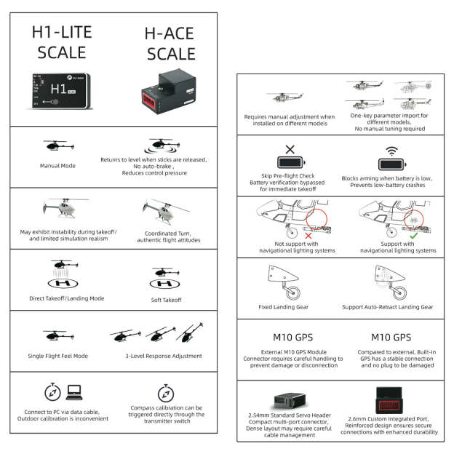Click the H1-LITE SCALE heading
click(59, 42)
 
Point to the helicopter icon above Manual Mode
click(55, 145)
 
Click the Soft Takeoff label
click(167, 299)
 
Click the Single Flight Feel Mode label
click(59, 357)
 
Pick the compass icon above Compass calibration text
click(166, 392)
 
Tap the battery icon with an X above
click(290, 163)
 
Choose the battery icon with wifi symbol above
click(393, 163)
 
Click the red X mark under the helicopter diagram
click(308, 235)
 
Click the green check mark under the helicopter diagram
click(413, 235)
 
